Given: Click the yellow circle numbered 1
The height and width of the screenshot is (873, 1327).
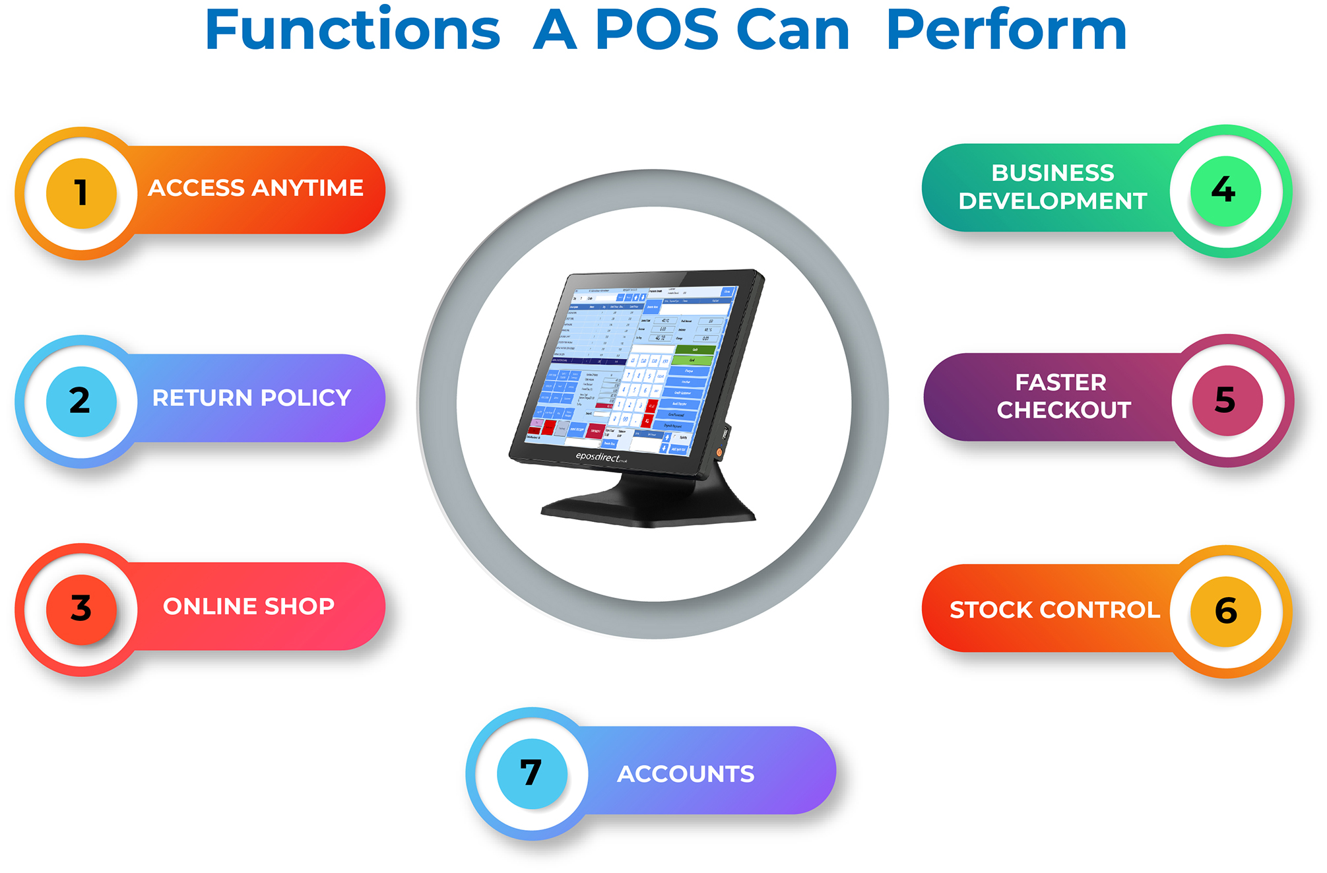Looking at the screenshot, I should coord(81,193).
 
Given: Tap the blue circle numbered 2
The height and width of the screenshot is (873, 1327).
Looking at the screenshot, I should coord(81,401).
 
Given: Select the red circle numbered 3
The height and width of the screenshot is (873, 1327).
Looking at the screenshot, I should coord(81,608).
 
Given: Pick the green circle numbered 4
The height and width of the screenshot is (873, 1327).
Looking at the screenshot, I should coord(1225,191).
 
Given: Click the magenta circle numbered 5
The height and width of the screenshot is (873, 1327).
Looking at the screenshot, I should coord(1227,401).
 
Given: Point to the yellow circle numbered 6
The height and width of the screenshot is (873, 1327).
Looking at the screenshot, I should coord(1225,610).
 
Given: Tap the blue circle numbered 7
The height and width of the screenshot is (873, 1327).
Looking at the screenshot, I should coord(532,773).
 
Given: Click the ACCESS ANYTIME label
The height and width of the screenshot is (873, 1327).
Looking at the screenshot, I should coord(255,188).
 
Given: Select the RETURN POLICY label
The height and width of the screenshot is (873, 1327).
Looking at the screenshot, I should coord(251,398).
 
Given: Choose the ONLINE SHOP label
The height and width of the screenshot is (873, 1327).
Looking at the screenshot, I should coord(249,606).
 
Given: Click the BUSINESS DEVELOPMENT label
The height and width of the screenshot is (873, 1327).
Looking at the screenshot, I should coord(1052,187).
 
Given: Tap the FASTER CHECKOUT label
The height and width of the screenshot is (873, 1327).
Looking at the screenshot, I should coord(1063,396).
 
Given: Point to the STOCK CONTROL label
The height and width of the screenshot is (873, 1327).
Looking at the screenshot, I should coord(1054,610).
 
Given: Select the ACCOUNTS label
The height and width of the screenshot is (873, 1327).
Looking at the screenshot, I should coord(686,774).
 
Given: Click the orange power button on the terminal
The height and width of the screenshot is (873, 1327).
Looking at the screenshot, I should coord(719,452).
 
